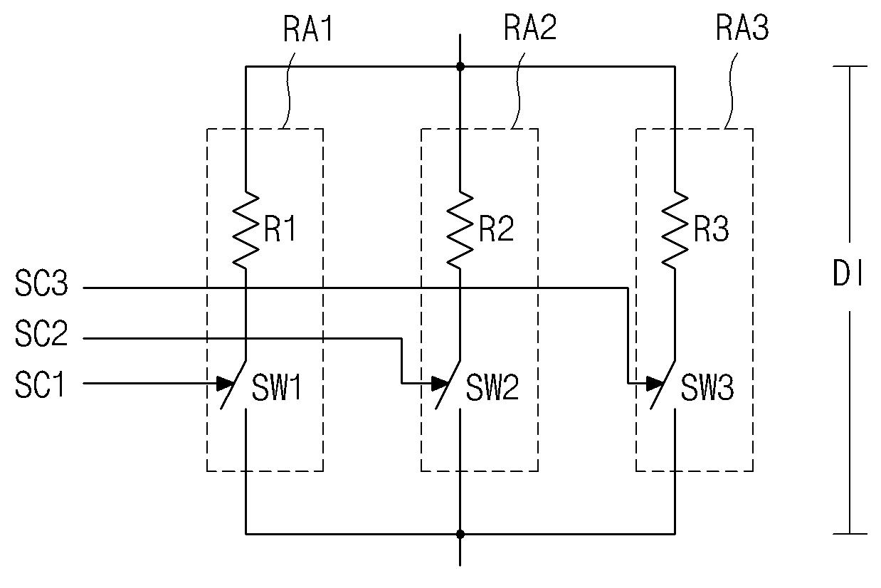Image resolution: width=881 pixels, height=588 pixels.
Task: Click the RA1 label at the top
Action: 308,28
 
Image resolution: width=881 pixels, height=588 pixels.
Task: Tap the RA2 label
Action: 529,28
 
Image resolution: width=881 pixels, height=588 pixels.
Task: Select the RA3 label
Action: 742,28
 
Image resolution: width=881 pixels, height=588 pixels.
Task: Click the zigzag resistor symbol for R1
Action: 246,231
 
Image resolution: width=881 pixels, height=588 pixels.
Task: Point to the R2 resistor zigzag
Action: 460,231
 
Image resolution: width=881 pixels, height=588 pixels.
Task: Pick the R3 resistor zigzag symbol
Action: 675,231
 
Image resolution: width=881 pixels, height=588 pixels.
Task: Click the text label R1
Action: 280,229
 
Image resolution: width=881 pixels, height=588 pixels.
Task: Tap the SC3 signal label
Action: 41,283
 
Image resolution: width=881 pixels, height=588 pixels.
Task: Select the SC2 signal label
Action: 41,333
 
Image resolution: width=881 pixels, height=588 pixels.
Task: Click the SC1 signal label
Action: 39,384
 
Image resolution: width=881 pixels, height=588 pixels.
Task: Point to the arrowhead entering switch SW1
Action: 226,384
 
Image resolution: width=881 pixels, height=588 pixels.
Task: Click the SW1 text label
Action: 277,387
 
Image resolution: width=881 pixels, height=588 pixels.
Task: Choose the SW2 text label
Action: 492,387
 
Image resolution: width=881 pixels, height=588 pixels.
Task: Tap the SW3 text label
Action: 707,387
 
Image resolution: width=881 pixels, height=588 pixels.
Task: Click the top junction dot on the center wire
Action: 460,66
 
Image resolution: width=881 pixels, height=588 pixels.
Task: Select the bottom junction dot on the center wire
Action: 460,534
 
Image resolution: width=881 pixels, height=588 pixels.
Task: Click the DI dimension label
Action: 848,274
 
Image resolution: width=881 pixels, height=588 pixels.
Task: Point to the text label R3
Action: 711,229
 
